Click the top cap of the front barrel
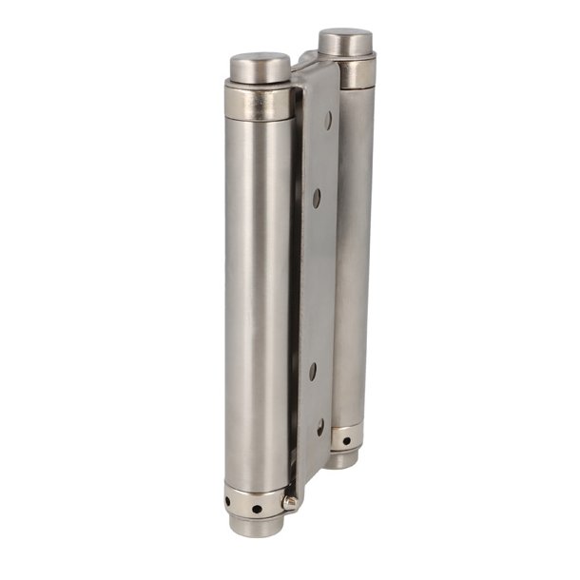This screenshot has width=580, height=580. point(260,67)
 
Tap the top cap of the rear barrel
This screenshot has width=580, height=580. point(345,41)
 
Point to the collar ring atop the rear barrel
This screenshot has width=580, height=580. point(357,74)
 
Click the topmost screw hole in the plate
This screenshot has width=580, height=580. point(328,121)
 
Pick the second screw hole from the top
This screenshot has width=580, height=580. point(318,198)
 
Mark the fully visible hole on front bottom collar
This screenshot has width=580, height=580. point(257,509)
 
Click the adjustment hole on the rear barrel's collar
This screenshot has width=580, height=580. point(346,442)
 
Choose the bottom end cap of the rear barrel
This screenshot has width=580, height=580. point(342,458)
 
